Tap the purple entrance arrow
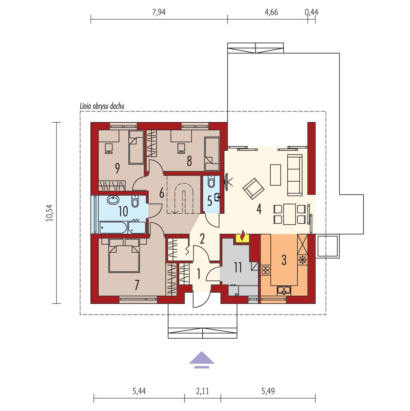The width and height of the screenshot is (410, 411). [201, 359]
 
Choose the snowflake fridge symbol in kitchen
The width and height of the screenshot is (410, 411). [302, 260]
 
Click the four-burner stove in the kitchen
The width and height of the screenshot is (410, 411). [265, 270]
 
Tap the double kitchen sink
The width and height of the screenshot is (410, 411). [284, 290]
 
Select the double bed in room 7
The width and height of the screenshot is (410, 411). [124, 255]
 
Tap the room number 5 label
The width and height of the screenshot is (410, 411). [209, 200]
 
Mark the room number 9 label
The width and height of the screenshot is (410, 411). [117, 168]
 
